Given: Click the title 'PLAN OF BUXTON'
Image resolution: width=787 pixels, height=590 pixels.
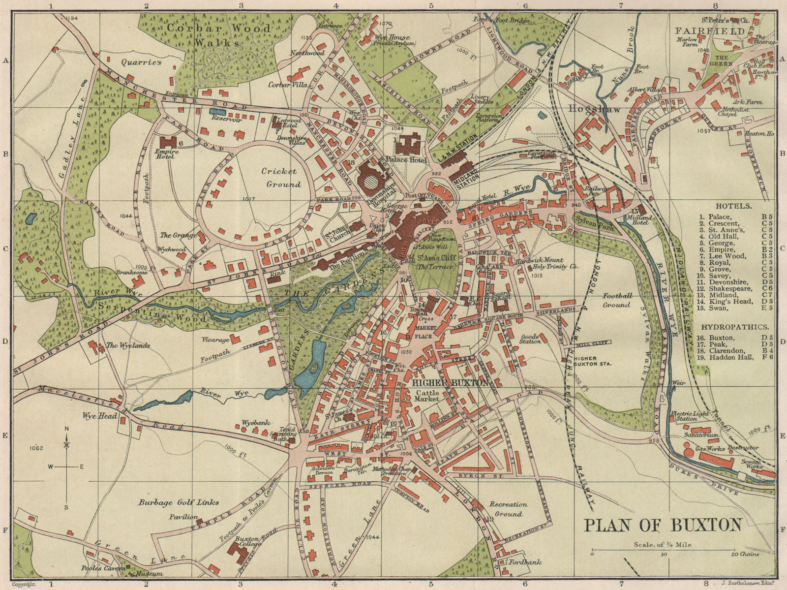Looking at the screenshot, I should (663, 525).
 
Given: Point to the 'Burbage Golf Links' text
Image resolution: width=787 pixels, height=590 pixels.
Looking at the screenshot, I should (179, 502).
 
